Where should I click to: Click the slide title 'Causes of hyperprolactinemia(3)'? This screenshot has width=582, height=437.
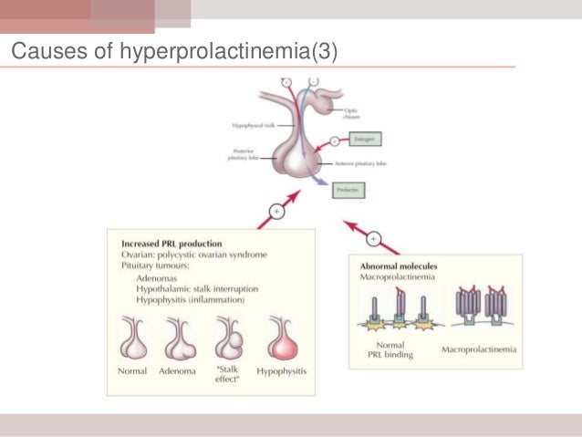(173, 51)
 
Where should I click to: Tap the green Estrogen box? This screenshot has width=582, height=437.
(363, 140)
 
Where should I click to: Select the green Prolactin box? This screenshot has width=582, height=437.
(349, 192)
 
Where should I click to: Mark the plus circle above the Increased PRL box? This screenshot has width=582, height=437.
(274, 216)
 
